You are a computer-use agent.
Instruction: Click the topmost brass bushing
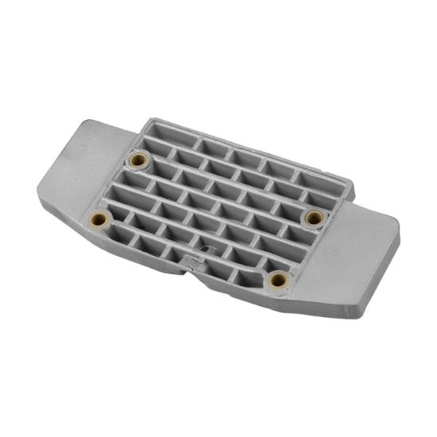coord(141,157)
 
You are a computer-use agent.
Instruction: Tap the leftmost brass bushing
coord(99,219)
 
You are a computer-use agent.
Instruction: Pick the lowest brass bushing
coord(278,278)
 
